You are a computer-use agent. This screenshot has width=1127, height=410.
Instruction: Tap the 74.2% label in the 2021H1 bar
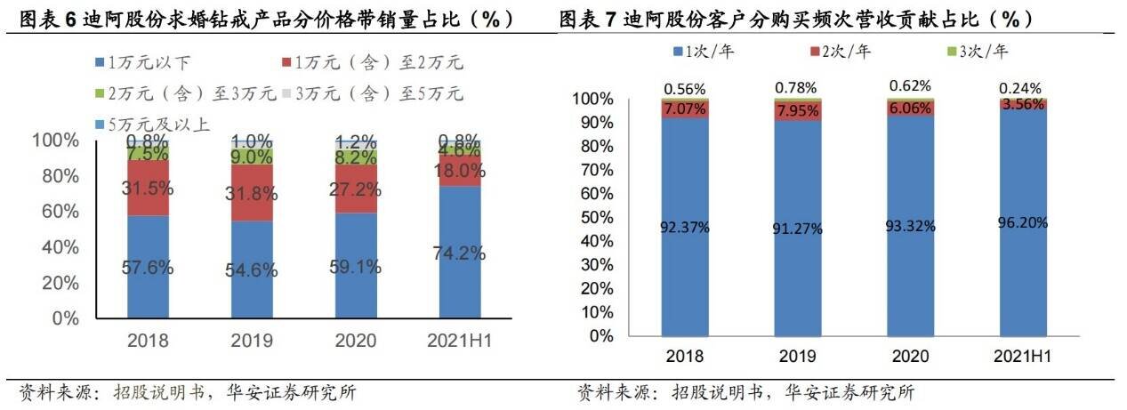[460, 253]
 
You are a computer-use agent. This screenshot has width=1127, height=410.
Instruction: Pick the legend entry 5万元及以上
[152, 125]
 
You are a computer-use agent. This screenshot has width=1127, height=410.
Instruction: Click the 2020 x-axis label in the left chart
[356, 341]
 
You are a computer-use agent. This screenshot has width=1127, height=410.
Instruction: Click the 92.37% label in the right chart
[684, 227]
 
